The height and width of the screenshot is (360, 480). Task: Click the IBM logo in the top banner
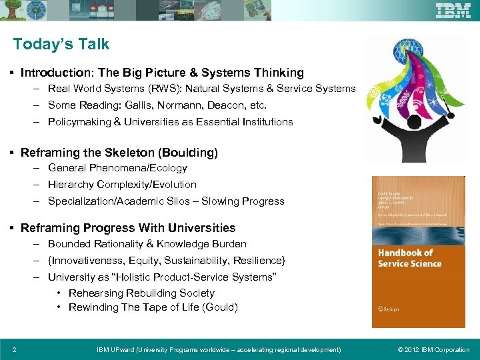(x=453, y=11)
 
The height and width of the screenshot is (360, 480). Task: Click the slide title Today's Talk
(x=61, y=45)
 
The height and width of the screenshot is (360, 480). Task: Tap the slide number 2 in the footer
(x=15, y=350)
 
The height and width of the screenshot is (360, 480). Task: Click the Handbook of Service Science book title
(x=409, y=258)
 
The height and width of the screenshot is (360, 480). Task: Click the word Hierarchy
(x=71, y=185)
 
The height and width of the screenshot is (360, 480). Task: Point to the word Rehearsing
(x=94, y=293)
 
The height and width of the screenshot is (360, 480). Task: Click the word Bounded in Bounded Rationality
(x=69, y=244)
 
